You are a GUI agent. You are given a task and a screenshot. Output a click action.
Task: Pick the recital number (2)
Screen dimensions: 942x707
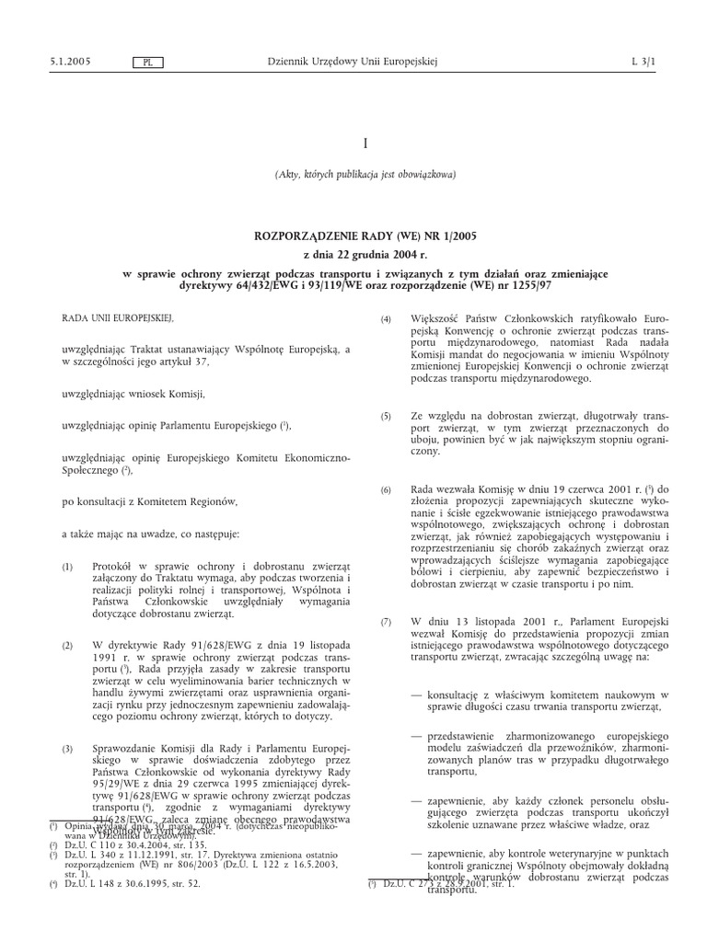(67, 647)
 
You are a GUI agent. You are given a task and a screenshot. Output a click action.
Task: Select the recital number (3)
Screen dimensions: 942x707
(67, 726)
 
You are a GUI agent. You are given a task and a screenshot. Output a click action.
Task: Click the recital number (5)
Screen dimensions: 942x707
(387, 417)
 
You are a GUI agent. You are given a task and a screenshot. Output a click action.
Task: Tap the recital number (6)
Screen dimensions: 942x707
(387, 489)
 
